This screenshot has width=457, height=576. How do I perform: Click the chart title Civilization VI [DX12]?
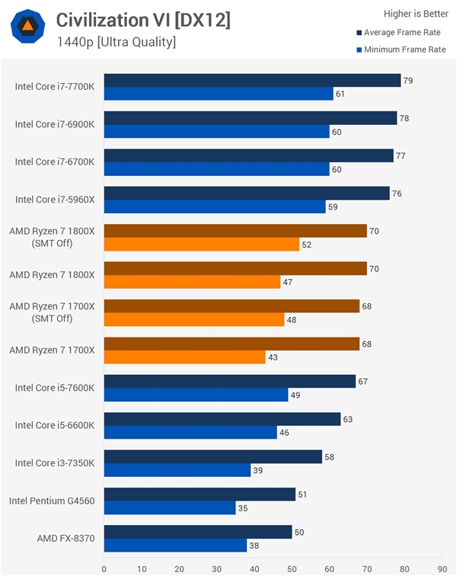(x=143, y=21)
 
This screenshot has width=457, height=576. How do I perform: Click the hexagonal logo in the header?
(x=27, y=27)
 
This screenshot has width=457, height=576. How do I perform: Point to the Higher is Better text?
(x=416, y=13)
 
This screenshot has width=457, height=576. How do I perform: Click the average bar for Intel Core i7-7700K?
(x=252, y=80)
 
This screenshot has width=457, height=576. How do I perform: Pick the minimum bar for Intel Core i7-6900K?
(x=216, y=131)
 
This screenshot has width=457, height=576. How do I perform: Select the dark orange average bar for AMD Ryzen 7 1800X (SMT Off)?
(x=235, y=230)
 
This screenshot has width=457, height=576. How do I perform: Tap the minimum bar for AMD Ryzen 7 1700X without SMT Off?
(x=184, y=357)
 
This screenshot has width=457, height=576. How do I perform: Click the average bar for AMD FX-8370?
(x=198, y=531)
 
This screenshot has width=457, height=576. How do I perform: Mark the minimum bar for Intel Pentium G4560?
(x=170, y=507)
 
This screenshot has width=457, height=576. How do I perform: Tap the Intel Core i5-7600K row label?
(x=54, y=388)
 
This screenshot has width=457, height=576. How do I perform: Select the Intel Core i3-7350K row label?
(x=54, y=462)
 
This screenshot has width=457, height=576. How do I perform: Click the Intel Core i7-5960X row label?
(x=54, y=200)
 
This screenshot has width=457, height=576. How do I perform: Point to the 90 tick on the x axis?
(x=441, y=568)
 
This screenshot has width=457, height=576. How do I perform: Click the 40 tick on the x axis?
(x=254, y=568)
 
